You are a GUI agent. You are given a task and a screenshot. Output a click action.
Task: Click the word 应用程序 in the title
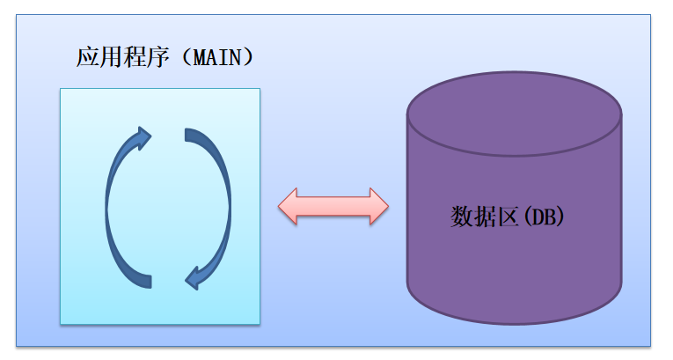point(122,59)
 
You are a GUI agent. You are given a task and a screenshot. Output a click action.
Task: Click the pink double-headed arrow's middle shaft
point(333,206)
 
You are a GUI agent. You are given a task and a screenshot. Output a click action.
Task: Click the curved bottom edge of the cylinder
point(515,321)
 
